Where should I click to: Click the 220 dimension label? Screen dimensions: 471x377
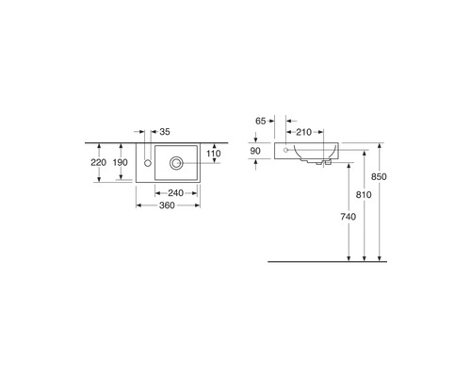point(98,162)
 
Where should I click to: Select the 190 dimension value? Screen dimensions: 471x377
point(121,162)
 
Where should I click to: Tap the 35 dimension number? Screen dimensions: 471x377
point(165,132)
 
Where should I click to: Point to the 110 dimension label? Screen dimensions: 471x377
point(214,154)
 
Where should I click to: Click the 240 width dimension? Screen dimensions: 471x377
point(175,193)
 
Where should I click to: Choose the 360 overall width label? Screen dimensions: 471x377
point(167,205)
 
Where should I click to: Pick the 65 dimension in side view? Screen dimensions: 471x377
point(261,121)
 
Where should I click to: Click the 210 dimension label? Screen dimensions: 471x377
point(304,132)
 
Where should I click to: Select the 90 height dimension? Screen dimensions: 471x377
point(255,151)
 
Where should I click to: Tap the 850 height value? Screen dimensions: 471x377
point(379,177)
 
